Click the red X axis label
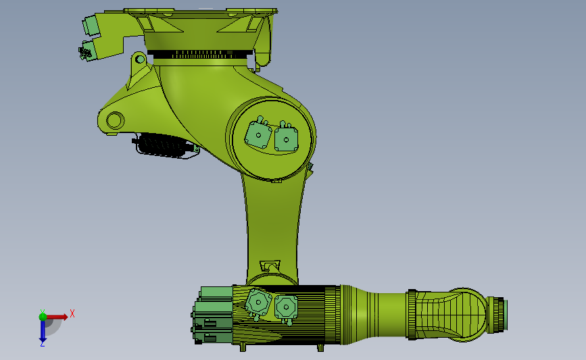[72, 313]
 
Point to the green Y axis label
[43, 311]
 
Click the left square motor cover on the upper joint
[258, 134]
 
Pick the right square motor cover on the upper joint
[286, 139]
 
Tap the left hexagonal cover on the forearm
[258, 302]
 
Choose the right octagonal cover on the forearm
[286, 307]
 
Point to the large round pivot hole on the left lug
[115, 121]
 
